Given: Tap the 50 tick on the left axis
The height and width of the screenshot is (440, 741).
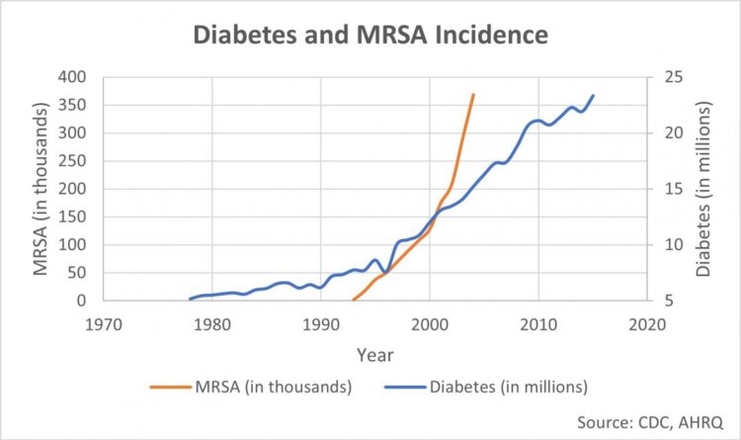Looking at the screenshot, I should click(x=78, y=273).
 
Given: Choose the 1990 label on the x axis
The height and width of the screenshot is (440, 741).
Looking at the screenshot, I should click(x=320, y=324).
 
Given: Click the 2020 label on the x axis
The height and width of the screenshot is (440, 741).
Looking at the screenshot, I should click(x=647, y=324).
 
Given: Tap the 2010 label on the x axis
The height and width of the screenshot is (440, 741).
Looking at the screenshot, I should click(x=538, y=324).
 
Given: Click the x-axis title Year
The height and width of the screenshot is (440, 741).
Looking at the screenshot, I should click(x=374, y=354).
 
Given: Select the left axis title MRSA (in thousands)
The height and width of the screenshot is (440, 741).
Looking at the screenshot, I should click(x=41, y=189).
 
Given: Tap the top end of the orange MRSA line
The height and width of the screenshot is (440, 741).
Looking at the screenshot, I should click(x=473, y=95).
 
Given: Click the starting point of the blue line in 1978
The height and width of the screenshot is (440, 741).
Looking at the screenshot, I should click(x=190, y=299).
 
